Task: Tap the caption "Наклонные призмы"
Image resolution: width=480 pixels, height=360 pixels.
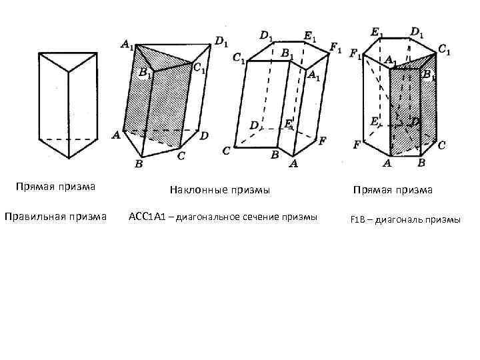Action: click(x=220, y=190)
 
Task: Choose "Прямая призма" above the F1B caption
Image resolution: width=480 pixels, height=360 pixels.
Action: click(x=393, y=190)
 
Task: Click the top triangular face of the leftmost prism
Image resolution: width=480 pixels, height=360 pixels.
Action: click(x=67, y=60)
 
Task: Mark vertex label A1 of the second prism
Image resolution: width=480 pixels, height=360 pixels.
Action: click(x=127, y=44)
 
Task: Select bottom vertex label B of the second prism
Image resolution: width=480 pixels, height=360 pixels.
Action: click(x=139, y=163)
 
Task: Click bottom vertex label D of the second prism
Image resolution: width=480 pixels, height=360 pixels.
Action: click(x=204, y=135)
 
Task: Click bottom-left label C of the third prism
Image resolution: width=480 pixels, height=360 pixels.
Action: click(x=227, y=151)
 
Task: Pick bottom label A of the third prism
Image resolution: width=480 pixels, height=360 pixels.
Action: click(x=294, y=163)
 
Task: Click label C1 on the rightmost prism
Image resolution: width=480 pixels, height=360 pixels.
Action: click(x=444, y=49)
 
